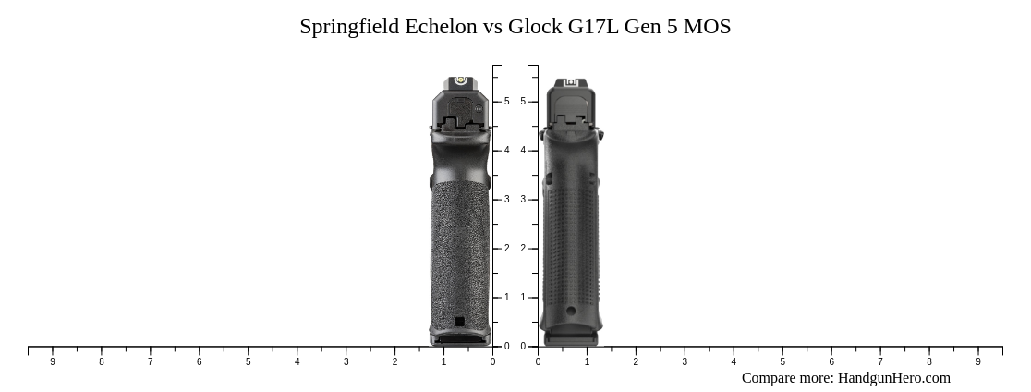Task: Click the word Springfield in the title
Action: (349, 27)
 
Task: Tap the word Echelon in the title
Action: (441, 27)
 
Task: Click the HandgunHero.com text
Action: (893, 378)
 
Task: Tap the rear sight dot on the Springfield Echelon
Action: (460, 81)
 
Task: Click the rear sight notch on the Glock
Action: (571, 84)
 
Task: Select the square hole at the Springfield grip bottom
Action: (459, 322)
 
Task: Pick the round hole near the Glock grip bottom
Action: (571, 312)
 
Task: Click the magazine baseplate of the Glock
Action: (571, 339)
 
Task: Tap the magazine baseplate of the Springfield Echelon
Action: (460, 339)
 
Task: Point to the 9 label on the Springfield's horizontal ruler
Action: (53, 362)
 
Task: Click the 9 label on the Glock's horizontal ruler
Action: (978, 362)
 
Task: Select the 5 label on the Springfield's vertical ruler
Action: (506, 102)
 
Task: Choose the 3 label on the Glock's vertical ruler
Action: (523, 200)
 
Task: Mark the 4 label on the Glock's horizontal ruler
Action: (734, 362)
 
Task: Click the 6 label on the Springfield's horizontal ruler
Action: (199, 362)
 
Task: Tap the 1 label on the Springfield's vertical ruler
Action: (506, 298)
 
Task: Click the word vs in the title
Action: (491, 27)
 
